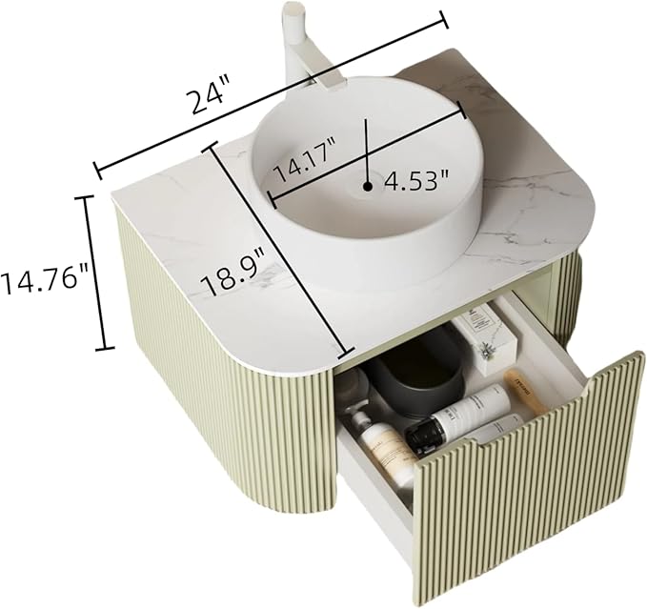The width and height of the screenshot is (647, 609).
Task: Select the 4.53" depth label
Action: click(x=416, y=181)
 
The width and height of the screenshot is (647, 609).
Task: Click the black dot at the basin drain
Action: click(x=368, y=187)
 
